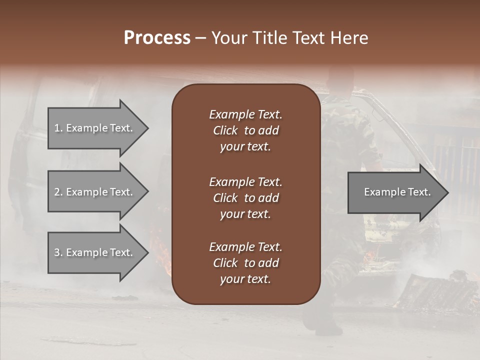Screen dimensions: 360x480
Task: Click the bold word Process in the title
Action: (157, 38)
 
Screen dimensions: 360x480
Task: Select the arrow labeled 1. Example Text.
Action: (95, 128)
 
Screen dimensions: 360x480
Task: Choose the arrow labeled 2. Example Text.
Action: (95, 192)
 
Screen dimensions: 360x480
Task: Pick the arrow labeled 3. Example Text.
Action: (95, 252)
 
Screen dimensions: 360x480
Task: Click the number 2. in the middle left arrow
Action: (58, 192)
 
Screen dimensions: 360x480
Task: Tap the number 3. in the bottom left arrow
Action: (58, 252)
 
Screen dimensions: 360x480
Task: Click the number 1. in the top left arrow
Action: (58, 128)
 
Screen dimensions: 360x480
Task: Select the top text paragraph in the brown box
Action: (245, 130)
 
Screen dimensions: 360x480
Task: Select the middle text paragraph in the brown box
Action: (245, 197)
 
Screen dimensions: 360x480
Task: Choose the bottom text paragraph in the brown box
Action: (245, 263)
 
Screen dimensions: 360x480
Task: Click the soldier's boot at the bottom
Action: (327, 328)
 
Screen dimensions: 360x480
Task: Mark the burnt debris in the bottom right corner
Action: (435, 292)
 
